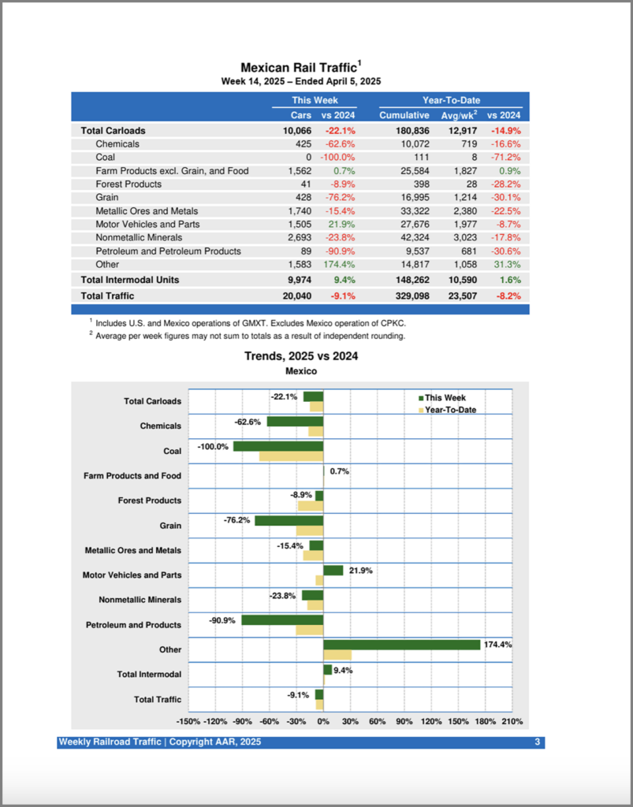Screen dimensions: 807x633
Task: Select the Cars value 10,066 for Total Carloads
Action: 297,130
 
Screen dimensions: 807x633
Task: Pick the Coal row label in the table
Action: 106,157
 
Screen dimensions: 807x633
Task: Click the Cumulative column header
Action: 404,115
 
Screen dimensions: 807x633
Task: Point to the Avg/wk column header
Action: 456,115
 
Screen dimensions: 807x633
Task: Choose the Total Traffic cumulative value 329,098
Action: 411,296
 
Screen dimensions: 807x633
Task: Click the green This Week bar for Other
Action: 402,645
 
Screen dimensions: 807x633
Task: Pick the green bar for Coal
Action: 278,447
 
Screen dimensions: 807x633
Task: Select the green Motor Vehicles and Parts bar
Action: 333,570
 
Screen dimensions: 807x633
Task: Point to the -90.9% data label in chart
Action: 222,620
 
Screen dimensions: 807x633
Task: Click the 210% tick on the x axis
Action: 512,721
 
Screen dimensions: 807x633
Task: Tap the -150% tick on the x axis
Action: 188,721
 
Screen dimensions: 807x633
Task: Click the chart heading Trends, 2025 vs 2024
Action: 301,356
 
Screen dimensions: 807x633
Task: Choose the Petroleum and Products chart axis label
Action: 133,625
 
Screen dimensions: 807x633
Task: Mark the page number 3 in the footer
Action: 538,742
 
